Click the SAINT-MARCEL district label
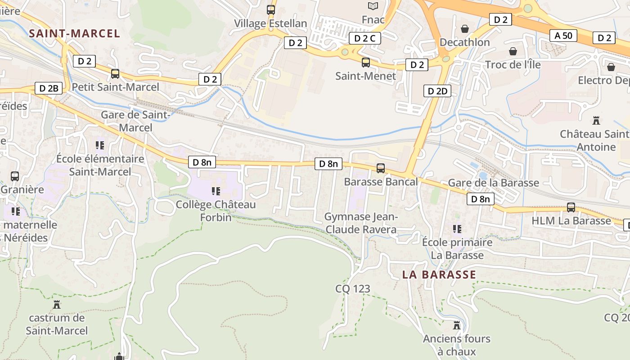tap(75, 33)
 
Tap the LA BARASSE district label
tap(439, 274)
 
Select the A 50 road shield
tap(563, 36)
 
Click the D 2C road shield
tap(364, 38)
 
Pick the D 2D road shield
tap(437, 91)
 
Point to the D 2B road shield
tap(49, 88)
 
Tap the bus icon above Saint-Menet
tap(366, 63)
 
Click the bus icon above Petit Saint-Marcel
tap(115, 74)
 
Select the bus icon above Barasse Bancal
tap(381, 168)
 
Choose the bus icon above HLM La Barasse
tap(571, 207)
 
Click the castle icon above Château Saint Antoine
tap(596, 121)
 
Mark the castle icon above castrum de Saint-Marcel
tap(57, 305)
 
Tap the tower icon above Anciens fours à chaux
tap(457, 325)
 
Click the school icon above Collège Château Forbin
tap(216, 191)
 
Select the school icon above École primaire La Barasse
tap(457, 229)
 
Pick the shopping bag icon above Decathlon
tap(465, 29)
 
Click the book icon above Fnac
tap(373, 6)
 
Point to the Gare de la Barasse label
tap(493, 183)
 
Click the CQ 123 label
tap(353, 288)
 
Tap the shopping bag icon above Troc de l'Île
tap(513, 51)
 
